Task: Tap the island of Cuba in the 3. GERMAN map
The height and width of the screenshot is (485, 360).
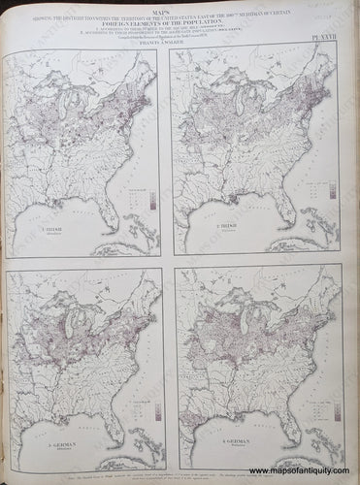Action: pos(136,456)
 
